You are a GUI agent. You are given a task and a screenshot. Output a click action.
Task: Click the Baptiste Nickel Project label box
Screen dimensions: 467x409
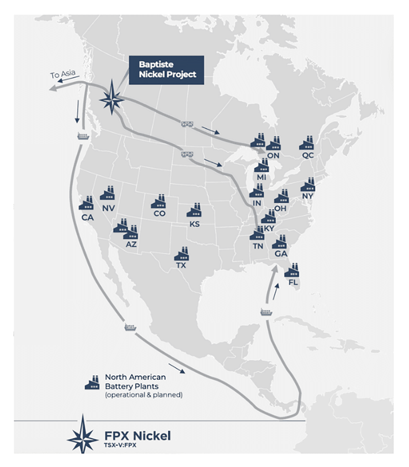coord(166,70)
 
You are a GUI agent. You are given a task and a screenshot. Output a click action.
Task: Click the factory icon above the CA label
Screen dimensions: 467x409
coord(86,203)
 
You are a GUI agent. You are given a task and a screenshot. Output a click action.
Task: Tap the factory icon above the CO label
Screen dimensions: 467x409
coord(159,202)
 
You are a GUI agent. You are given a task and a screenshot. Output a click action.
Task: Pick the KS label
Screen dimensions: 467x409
coord(194,224)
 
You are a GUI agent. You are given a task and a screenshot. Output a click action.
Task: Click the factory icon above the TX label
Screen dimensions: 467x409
coord(182,254)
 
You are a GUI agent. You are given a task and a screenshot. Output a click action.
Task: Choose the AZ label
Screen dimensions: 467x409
coord(131,245)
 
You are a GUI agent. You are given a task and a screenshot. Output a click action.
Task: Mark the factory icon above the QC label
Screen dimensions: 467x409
coord(307,143)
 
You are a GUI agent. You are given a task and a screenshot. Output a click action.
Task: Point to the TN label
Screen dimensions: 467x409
coord(258,246)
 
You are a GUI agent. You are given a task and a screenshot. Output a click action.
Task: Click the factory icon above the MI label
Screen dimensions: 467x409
coord(262,165)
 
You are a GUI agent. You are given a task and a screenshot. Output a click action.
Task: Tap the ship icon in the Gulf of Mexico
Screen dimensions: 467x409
coord(265,312)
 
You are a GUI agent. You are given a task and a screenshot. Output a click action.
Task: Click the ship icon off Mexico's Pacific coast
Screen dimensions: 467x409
coord(131,327)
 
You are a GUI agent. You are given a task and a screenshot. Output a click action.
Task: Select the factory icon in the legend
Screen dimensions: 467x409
coord(92,382)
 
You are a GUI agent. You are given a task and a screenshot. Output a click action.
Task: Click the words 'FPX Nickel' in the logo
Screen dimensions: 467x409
coord(137,436)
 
